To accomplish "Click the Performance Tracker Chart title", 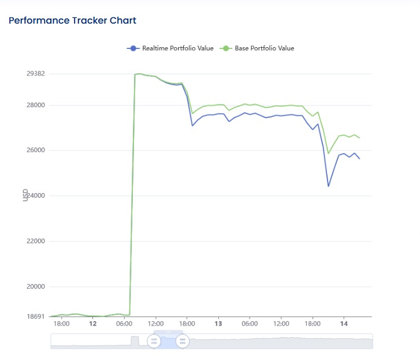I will pyautogui.click(x=72, y=21).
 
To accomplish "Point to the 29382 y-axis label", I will pyautogui.click(x=36, y=74).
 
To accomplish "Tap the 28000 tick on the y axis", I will pyautogui.click(x=36, y=105).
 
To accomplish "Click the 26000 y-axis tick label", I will pyautogui.click(x=36, y=150).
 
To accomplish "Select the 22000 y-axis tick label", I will pyautogui.click(x=36, y=241).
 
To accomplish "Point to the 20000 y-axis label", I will pyautogui.click(x=36, y=286).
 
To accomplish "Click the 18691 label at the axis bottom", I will pyautogui.click(x=36, y=316).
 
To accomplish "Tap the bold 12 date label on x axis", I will pyautogui.click(x=93, y=324).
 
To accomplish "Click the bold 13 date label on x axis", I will pyautogui.click(x=218, y=324).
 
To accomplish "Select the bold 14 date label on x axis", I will pyautogui.click(x=344, y=324).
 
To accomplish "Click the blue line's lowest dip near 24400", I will pyautogui.click(x=329, y=186).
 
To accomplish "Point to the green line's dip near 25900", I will pyautogui.click(x=329, y=153).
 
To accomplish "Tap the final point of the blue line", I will pyautogui.click(x=359, y=159).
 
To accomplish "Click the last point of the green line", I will pyautogui.click(x=359, y=138).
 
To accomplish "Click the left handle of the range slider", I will pyautogui.click(x=154, y=341).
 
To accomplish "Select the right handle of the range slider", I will pyautogui.click(x=183, y=341).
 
